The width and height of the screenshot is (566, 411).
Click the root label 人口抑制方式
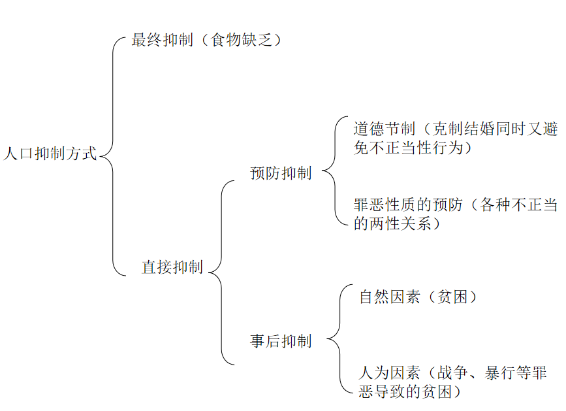(50, 155)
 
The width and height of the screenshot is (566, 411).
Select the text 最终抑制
(162, 41)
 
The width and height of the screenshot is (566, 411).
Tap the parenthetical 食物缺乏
(242, 41)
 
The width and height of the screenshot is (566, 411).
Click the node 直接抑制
(172, 267)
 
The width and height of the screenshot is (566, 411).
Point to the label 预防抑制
(281, 174)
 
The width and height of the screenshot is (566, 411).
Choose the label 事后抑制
(281, 341)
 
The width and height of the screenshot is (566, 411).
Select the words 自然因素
(390, 297)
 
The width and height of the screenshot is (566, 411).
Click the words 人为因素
(390, 374)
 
